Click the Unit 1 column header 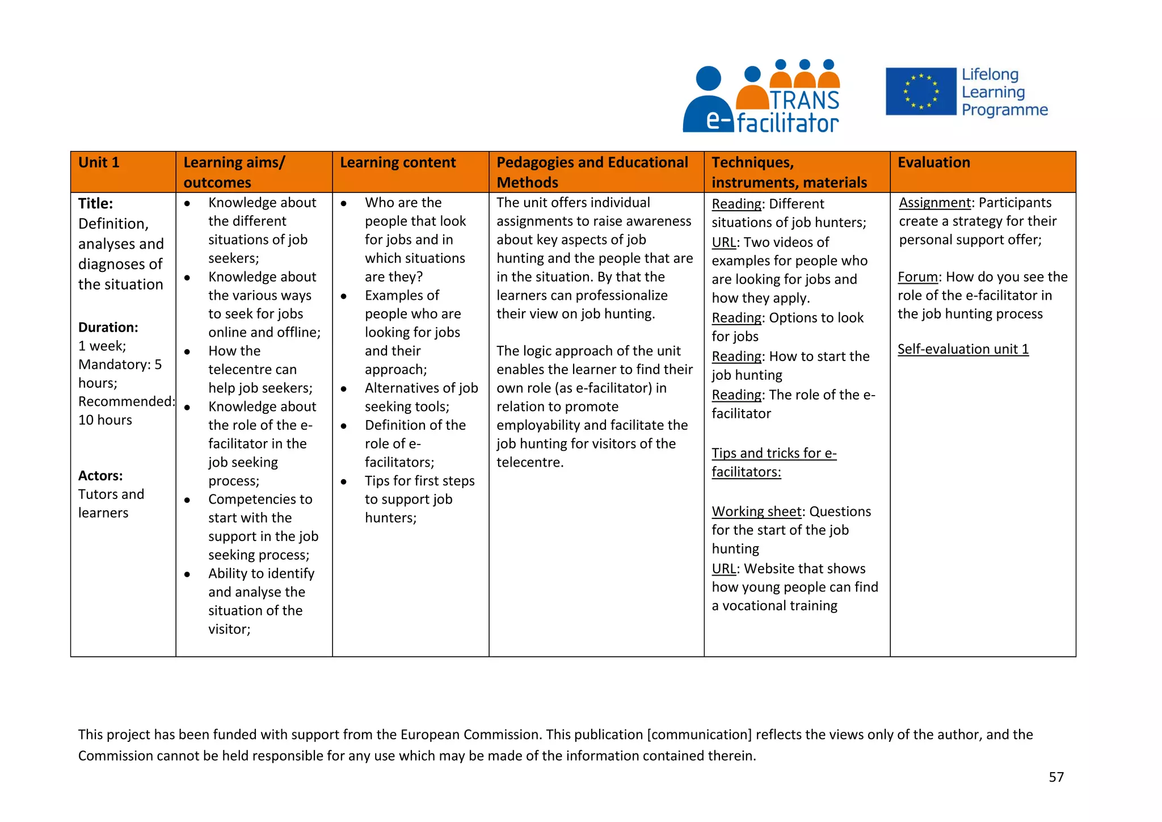click(x=99, y=163)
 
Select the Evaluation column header click(x=933, y=163)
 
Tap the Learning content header click(x=397, y=163)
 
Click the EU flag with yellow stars click(x=920, y=91)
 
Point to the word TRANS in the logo click(x=804, y=100)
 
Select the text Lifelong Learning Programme click(x=1004, y=92)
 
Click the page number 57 click(x=1056, y=777)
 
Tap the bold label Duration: click(x=108, y=328)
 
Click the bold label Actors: click(x=100, y=476)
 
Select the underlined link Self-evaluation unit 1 click(x=963, y=349)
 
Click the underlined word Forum click(x=917, y=277)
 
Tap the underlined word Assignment click(x=934, y=203)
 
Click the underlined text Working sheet click(x=756, y=511)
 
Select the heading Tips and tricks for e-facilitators click(x=773, y=463)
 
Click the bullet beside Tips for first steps click(x=344, y=481)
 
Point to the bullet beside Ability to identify click(x=187, y=574)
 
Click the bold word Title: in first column click(x=95, y=203)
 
